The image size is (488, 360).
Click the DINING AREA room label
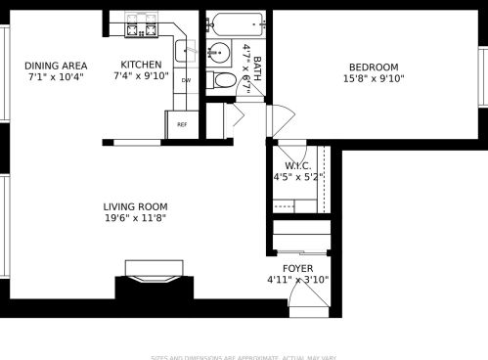tap(48, 66)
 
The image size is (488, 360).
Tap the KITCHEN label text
tap(141, 64)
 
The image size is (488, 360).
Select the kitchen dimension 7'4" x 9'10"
tap(141, 75)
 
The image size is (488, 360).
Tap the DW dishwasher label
tap(185, 80)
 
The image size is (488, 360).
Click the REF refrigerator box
tap(181, 124)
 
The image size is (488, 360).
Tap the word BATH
tap(257, 67)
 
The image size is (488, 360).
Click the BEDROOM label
tap(374, 67)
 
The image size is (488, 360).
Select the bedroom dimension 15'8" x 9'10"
tap(374, 78)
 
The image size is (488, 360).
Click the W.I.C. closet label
tap(296, 165)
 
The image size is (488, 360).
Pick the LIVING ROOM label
tap(135, 206)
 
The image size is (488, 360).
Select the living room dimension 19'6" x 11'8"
tap(135, 218)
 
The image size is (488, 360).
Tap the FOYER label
tap(297, 267)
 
